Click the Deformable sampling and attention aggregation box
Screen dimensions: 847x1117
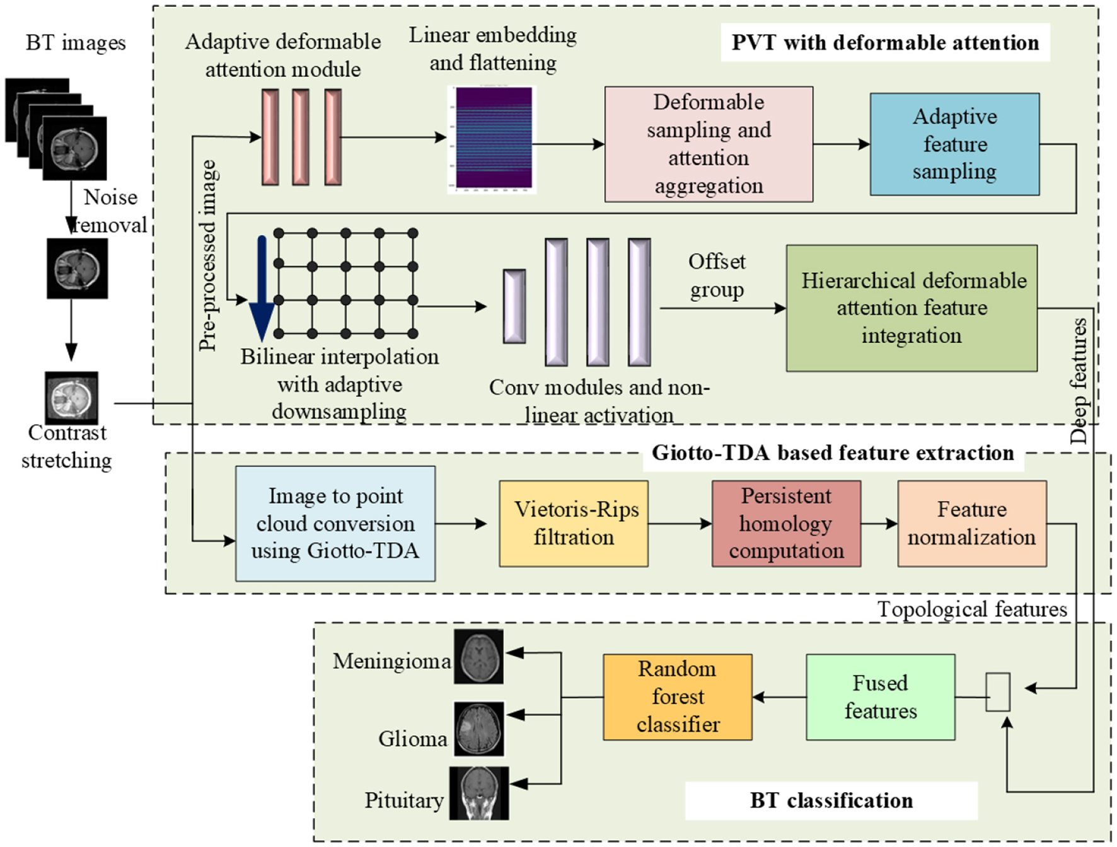pyautogui.click(x=709, y=144)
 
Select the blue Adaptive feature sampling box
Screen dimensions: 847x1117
pyautogui.click(x=954, y=144)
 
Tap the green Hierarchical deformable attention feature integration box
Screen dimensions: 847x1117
pyautogui.click(x=912, y=308)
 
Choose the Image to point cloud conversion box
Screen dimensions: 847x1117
pyautogui.click(x=335, y=524)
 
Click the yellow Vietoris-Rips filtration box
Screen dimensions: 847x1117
pyautogui.click(x=574, y=524)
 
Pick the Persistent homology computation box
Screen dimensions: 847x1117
pyautogui.click(x=786, y=524)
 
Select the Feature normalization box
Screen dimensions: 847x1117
pyautogui.click(x=972, y=524)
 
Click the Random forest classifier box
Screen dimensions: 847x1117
pyautogui.click(x=678, y=697)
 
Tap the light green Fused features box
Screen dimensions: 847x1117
pyautogui.click(x=880, y=697)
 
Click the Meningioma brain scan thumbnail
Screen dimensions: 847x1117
pyautogui.click(x=479, y=657)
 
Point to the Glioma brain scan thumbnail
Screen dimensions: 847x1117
pyautogui.click(x=480, y=729)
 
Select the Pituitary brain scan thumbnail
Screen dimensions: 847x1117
pyautogui.click(x=479, y=793)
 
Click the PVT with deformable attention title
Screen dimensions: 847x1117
pyautogui.click(x=885, y=43)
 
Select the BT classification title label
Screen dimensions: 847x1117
pyautogui.click(x=831, y=800)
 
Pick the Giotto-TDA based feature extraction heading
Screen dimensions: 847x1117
pyautogui.click(x=833, y=452)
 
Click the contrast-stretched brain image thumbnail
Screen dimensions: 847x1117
pyautogui.click(x=72, y=398)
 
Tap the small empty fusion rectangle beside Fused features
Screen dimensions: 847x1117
pyautogui.click(x=998, y=692)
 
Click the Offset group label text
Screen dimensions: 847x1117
pyautogui.click(x=717, y=275)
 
